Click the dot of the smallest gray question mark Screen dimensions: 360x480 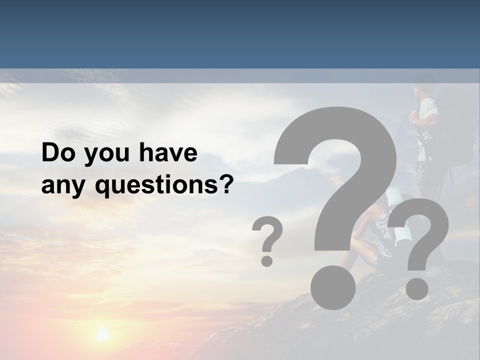click(267, 260)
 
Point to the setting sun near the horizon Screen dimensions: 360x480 click(102, 334)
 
